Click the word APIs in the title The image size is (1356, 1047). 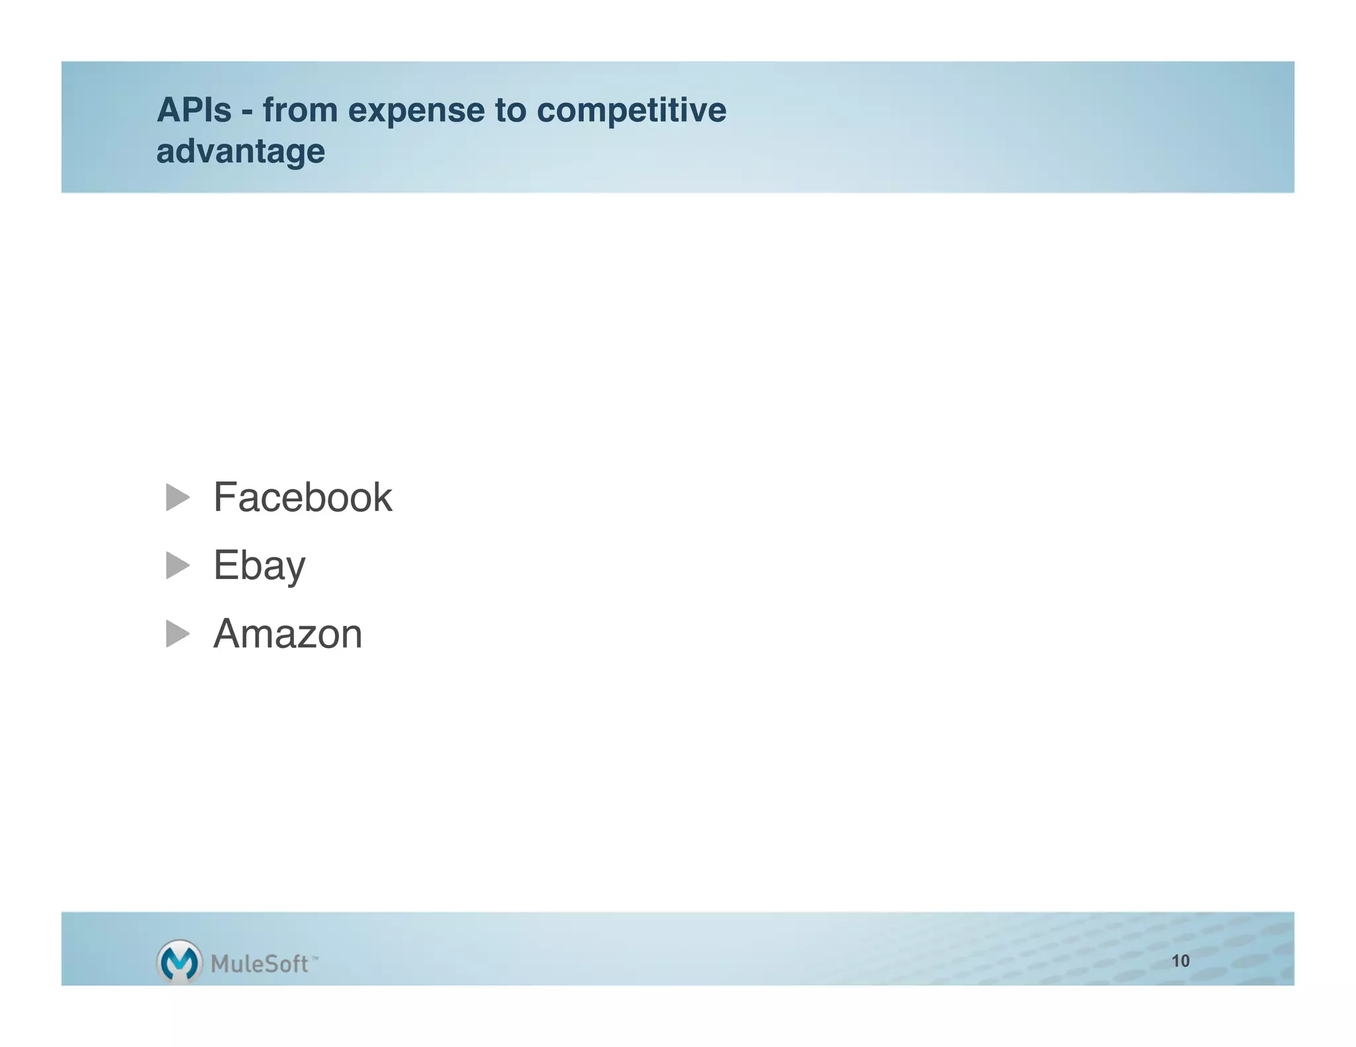click(194, 110)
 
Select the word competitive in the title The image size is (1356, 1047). click(631, 111)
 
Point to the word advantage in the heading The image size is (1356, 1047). click(240, 152)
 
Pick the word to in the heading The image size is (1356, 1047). click(510, 111)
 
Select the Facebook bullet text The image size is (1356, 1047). click(303, 497)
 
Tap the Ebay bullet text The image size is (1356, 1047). click(259, 566)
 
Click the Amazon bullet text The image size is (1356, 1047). click(287, 634)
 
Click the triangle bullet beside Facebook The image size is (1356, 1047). click(177, 497)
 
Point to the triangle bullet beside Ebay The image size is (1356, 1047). click(177, 565)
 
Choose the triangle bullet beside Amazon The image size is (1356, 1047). click(177, 633)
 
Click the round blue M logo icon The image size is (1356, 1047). click(179, 962)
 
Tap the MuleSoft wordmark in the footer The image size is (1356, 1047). click(260, 964)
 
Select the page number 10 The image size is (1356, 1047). click(1180, 961)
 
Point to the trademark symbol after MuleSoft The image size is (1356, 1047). click(315, 957)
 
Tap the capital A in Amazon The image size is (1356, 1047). click(228, 634)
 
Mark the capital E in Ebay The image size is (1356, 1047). click(225, 565)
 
